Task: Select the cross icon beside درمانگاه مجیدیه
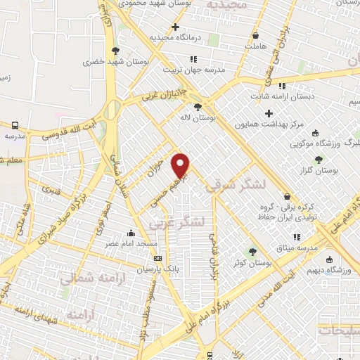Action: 175,27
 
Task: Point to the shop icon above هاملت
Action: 256,34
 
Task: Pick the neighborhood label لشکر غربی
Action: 176,223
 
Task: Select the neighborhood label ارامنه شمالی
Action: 86,279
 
